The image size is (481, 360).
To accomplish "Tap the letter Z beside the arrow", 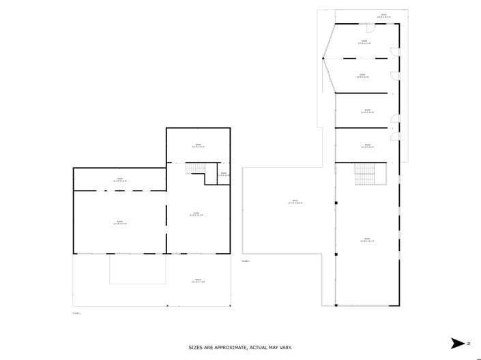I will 469,343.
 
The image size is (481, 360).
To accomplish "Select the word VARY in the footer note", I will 286,348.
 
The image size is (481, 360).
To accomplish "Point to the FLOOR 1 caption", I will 76,313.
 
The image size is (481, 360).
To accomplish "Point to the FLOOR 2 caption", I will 246,261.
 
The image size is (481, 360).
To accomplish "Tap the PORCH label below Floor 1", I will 198,281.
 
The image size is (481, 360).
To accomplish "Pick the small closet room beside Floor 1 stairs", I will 224,174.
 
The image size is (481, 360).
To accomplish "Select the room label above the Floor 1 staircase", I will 198,145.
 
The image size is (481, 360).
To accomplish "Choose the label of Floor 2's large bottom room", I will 367,240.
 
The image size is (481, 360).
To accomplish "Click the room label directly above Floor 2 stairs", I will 367,145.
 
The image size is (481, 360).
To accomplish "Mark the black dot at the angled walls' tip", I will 323,59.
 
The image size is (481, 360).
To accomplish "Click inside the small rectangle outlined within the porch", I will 136,269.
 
